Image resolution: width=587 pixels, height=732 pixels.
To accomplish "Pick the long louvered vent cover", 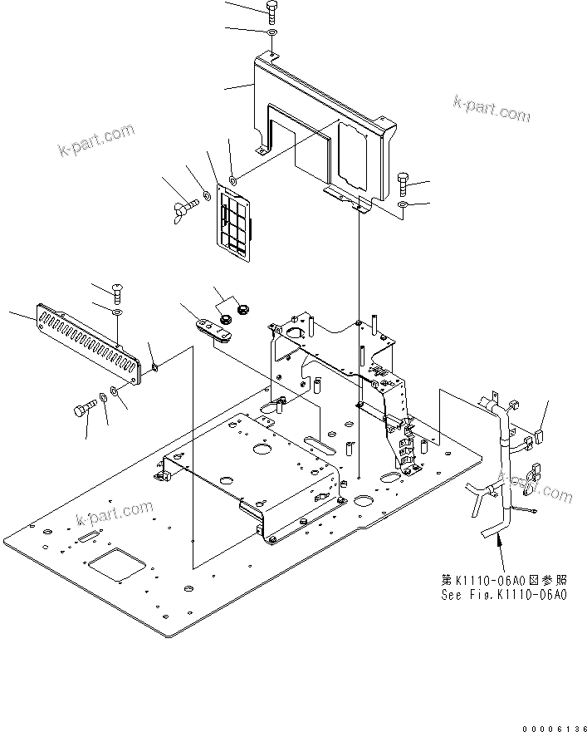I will pos(88,342).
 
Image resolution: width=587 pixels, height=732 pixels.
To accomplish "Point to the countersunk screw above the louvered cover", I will pos(117,291).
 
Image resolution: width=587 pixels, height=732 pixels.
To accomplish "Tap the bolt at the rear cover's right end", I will pos(403,179).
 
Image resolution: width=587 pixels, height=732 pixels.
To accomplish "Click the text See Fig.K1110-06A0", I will pos(504,594).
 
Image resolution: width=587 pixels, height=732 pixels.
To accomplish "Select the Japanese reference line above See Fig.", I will pos(504,581).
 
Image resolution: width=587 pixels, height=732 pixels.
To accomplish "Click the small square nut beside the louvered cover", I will pos(156,366).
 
